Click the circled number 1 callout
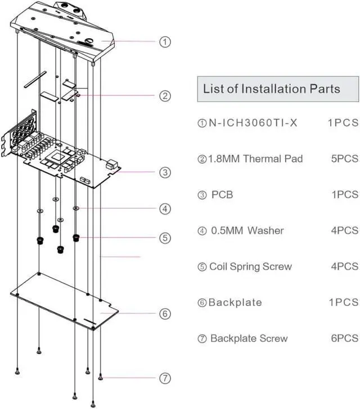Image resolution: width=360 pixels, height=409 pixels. (165, 42)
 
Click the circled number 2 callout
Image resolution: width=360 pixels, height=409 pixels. (165, 96)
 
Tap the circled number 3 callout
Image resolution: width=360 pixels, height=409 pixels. (165, 172)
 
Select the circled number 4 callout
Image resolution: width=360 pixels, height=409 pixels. (165, 209)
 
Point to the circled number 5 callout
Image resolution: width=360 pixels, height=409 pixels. (165, 238)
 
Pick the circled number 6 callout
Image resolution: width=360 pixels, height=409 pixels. (165, 313)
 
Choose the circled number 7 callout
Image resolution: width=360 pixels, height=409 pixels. (165, 378)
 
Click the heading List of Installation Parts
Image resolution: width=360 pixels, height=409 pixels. (272, 89)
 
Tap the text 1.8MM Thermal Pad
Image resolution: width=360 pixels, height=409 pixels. (256, 159)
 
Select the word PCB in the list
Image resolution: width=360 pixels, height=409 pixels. (222, 195)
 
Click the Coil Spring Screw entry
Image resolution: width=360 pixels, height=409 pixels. (250, 267)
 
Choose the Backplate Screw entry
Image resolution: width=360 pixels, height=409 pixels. (249, 339)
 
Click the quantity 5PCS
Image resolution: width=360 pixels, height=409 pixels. (344, 159)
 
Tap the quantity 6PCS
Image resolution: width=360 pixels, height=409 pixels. (344, 339)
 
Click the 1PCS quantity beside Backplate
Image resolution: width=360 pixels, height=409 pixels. (343, 303)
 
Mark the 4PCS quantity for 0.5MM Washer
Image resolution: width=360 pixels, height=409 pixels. (344, 231)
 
